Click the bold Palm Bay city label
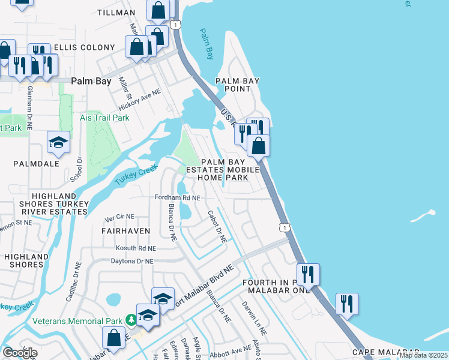[91, 81]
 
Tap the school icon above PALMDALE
[59, 142]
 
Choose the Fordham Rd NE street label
[177, 197]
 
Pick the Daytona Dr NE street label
[132, 262]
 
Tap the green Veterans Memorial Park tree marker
[130, 320]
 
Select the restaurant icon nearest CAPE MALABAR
[347, 304]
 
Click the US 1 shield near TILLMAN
[175, 25]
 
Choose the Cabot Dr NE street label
[217, 226]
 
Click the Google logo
[20, 353]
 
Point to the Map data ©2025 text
[423, 355]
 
